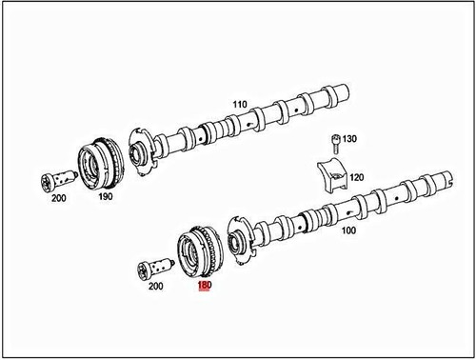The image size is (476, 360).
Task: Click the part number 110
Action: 239,104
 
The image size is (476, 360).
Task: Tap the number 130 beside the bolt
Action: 350,139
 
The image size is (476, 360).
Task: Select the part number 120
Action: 356,177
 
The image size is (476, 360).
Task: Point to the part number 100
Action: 348,230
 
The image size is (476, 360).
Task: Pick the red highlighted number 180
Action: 204,283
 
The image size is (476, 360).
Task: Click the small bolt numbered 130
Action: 335,144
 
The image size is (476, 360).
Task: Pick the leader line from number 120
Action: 344,176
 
